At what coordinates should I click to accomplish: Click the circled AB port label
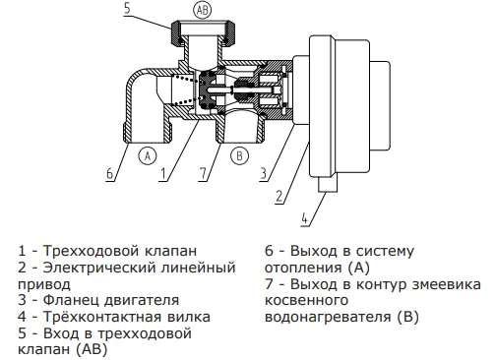tap(203, 10)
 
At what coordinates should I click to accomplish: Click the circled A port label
tap(148, 155)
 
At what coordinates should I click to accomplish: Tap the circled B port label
tap(239, 155)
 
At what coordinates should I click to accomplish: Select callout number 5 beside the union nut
tap(127, 7)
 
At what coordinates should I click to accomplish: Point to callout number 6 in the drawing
tap(110, 173)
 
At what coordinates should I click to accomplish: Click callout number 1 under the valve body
tap(163, 173)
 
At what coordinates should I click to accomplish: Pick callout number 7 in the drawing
tap(204, 173)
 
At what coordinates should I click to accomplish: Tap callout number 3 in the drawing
tap(264, 173)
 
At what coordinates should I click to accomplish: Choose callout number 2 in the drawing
tap(279, 196)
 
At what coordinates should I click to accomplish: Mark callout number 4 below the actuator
tap(305, 218)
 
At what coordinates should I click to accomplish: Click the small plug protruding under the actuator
tap(327, 184)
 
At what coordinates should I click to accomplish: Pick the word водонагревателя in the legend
tap(328, 318)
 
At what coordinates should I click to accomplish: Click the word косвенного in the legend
tap(306, 301)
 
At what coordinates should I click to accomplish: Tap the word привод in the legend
tap(44, 285)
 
